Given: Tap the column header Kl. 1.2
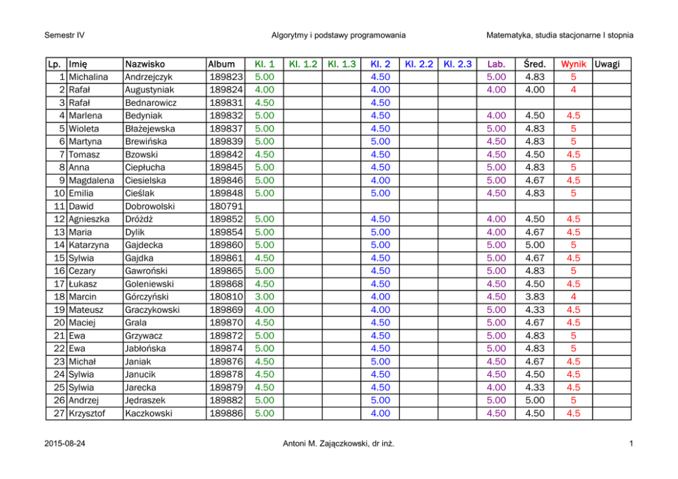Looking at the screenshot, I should (x=303, y=64).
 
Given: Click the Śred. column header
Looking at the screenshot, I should (x=534, y=64).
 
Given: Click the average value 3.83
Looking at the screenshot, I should (x=534, y=297).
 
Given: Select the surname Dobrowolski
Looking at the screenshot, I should (x=150, y=206).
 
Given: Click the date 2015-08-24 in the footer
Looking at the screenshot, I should (x=67, y=446).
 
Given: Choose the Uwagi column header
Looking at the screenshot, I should (x=608, y=64).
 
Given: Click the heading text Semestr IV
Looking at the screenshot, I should (x=64, y=35).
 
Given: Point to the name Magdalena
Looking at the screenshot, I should (x=92, y=180).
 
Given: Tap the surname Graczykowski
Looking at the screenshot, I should (x=152, y=310).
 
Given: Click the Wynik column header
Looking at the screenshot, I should (x=574, y=64).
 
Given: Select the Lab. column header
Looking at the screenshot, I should (x=496, y=64).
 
